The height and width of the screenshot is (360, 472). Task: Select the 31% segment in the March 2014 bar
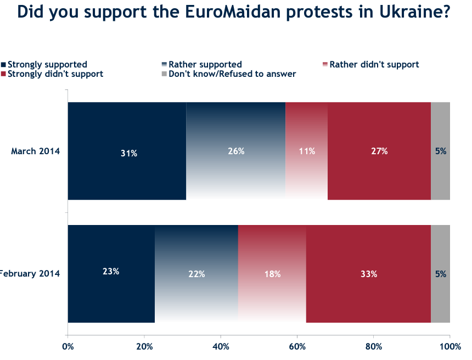(127, 151)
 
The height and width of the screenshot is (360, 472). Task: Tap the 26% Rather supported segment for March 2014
(236, 151)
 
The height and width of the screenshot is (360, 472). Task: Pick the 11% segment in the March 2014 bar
(306, 151)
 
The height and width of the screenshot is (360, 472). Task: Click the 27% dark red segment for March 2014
(379, 151)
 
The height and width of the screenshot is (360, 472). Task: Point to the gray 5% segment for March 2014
(440, 151)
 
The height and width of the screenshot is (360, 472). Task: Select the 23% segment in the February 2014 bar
(111, 273)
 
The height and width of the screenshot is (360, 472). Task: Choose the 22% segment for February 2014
(196, 273)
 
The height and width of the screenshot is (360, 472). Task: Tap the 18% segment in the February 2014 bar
(272, 273)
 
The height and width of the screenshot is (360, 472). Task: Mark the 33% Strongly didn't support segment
(368, 273)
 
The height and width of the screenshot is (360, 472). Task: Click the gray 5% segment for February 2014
(440, 273)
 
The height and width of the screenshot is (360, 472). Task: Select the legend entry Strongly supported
(47, 65)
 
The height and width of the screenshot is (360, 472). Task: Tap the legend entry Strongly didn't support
(55, 74)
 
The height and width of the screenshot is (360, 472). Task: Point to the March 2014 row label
(35, 151)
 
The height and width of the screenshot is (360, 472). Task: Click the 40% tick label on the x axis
(221, 346)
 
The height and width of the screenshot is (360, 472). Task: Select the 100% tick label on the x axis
(449, 346)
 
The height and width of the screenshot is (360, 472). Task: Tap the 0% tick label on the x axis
(68, 346)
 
